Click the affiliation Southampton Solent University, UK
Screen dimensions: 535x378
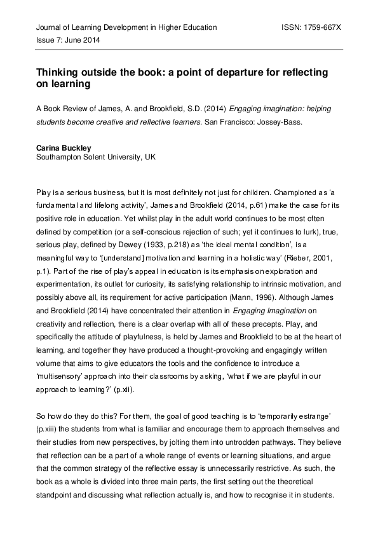coord(96,156)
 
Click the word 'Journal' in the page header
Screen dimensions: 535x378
coord(50,28)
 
